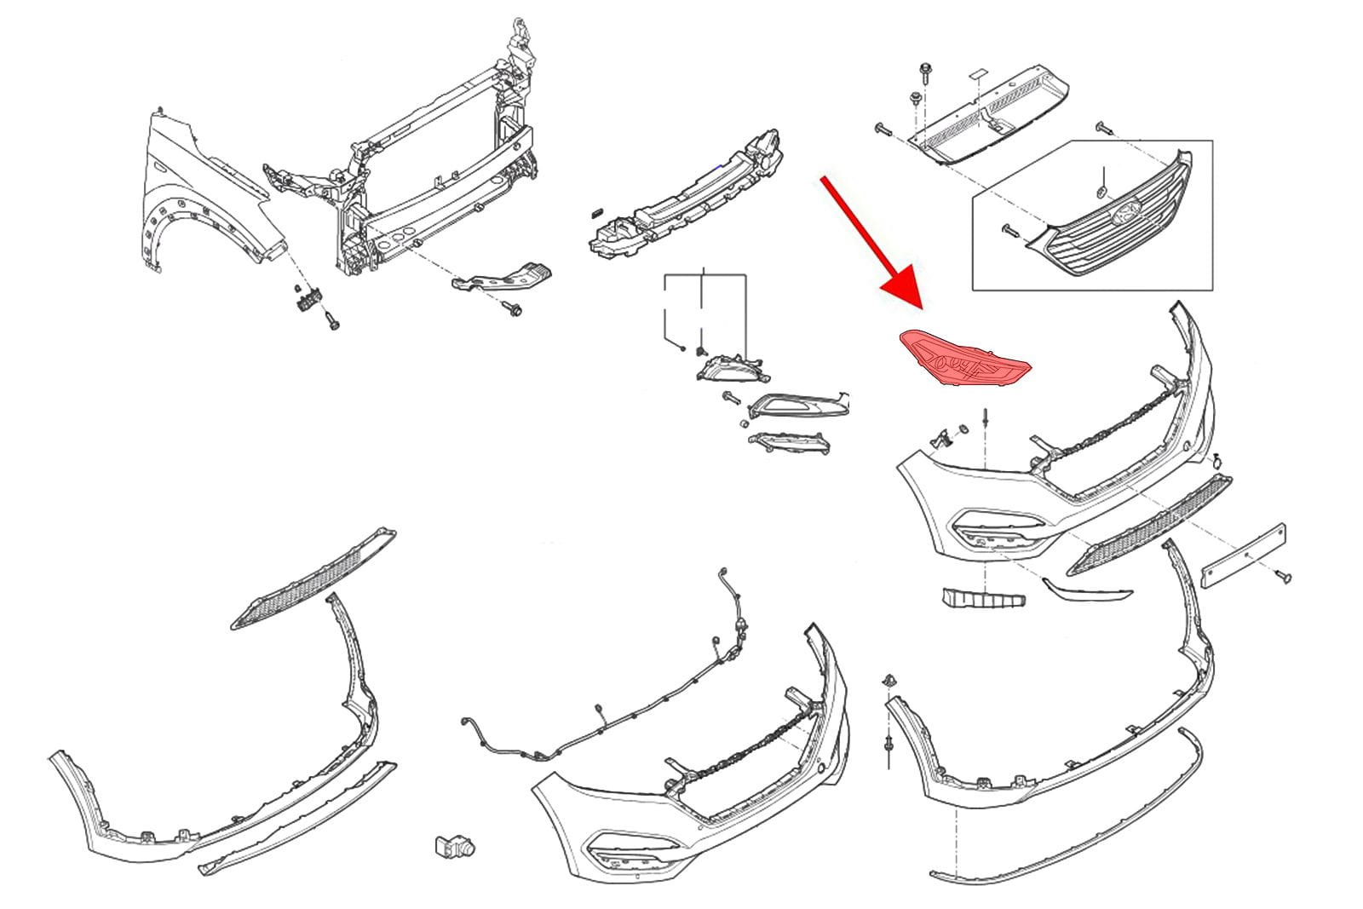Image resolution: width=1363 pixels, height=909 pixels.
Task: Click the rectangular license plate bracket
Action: (x=1243, y=556)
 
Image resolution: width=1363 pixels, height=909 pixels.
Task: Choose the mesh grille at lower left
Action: (x=313, y=579)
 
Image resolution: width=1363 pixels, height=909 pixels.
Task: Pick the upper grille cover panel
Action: (x=988, y=115)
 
